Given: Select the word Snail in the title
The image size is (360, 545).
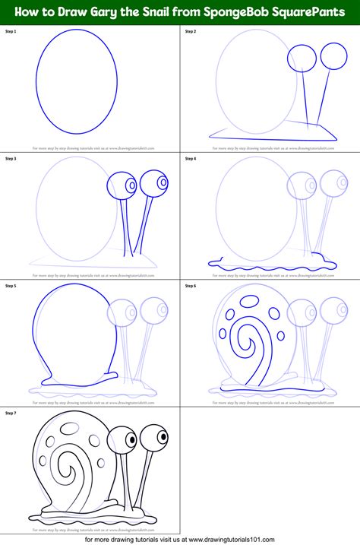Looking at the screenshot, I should pos(159,11).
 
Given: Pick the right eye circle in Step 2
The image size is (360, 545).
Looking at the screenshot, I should pos(331,55).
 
